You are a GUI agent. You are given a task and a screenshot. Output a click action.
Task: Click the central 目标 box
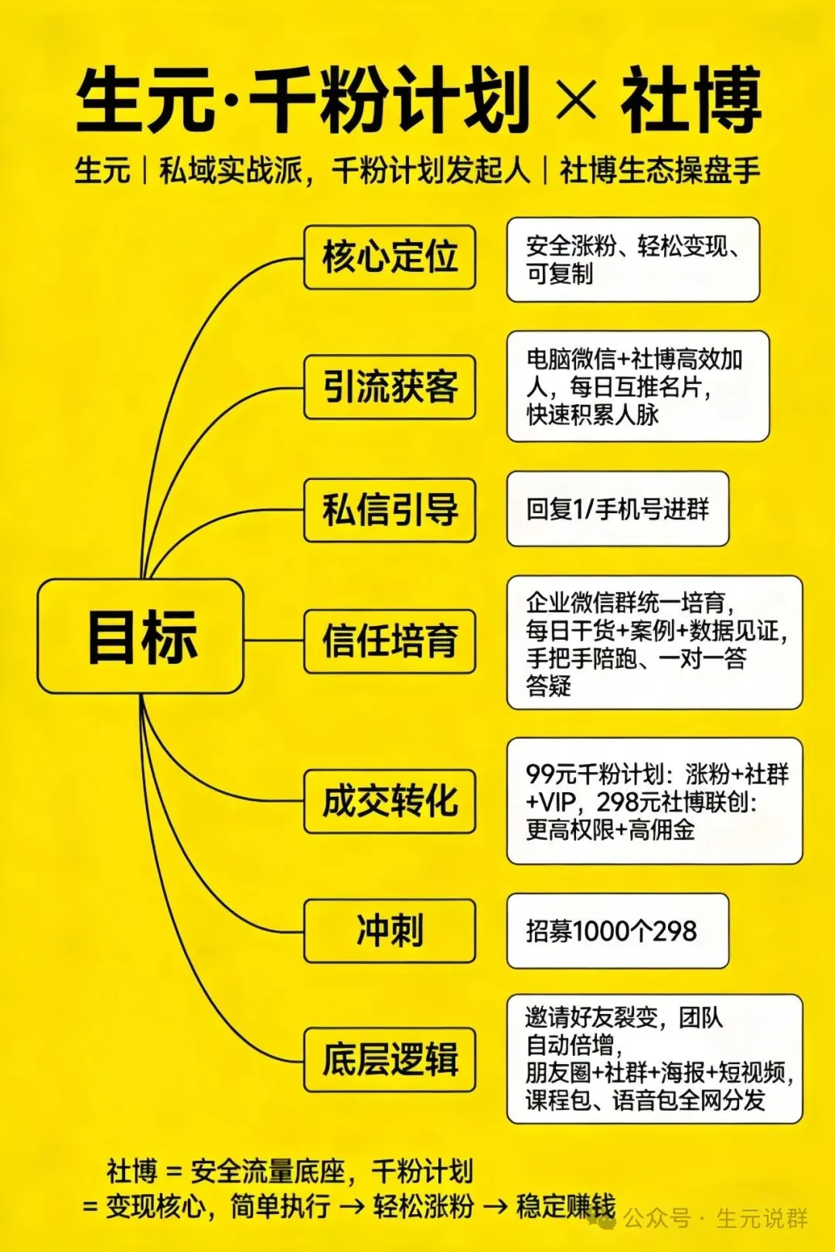click(141, 636)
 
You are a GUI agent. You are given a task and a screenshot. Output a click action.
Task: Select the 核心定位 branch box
click(390, 257)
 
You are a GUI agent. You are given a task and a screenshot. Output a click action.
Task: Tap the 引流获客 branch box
click(390, 387)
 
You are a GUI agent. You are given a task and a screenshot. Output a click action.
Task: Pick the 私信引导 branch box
click(390, 510)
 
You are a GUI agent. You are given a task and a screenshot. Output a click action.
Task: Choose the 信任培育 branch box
click(390, 641)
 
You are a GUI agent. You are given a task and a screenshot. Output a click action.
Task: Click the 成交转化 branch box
click(390, 801)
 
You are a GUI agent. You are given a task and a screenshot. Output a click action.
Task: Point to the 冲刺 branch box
click(390, 930)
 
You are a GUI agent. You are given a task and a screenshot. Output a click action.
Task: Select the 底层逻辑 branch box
click(390, 1060)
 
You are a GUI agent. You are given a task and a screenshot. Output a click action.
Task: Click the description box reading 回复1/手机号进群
click(617, 509)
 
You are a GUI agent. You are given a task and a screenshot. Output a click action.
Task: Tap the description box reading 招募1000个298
click(617, 930)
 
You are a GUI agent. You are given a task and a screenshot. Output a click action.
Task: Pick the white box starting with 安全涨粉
click(632, 260)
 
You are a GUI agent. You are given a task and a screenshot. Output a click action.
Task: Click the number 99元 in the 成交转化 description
click(550, 774)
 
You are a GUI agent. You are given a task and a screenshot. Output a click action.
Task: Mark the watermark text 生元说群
click(762, 1219)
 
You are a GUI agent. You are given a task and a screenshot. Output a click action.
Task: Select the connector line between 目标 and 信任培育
click(274, 641)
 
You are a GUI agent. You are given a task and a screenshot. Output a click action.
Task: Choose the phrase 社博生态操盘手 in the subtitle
click(659, 170)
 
